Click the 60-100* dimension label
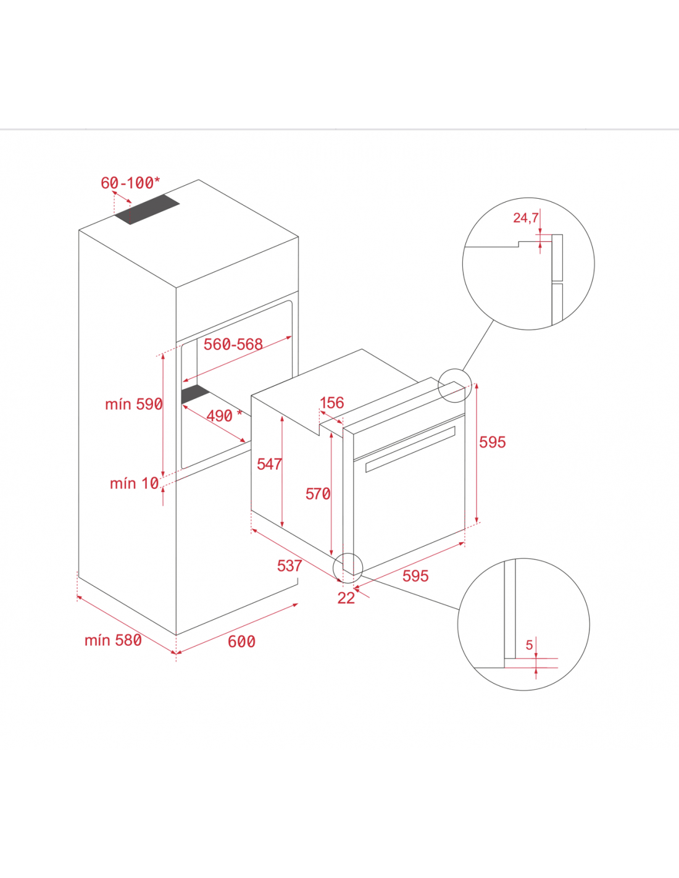click(x=130, y=183)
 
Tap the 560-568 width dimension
click(x=233, y=345)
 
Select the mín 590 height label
click(x=134, y=404)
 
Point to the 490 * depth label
click(x=224, y=416)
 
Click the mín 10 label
click(x=135, y=483)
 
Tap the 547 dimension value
click(x=269, y=464)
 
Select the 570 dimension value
click(x=318, y=494)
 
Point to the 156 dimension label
click(x=332, y=403)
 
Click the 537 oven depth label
click(x=290, y=566)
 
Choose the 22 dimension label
click(x=346, y=598)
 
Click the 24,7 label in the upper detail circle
click(x=525, y=218)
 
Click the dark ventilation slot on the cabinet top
click(x=147, y=210)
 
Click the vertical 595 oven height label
click(x=493, y=443)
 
